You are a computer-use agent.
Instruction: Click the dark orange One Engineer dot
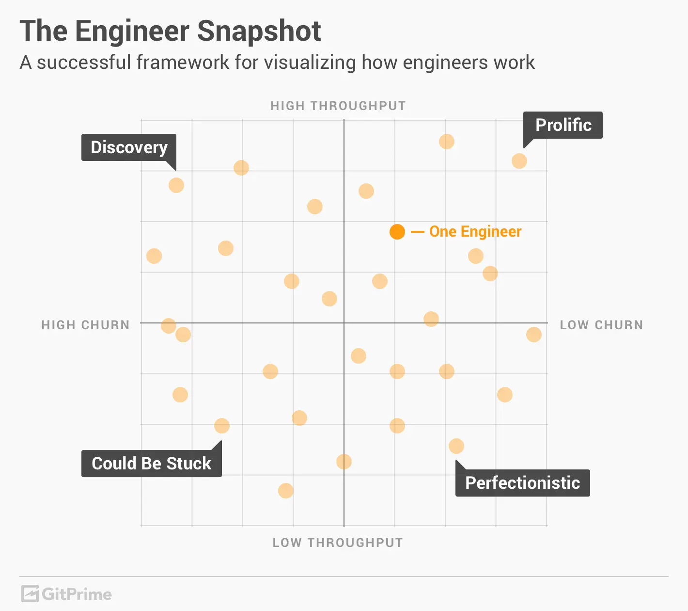pyautogui.click(x=397, y=232)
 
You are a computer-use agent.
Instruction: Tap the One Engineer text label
pyautogui.click(x=475, y=232)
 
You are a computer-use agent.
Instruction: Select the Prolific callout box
pyautogui.click(x=563, y=125)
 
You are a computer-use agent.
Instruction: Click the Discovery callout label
pyautogui.click(x=129, y=147)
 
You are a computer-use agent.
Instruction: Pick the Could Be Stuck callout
pyautogui.click(x=151, y=464)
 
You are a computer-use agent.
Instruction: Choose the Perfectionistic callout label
pyautogui.click(x=522, y=483)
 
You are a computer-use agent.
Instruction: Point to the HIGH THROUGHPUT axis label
pyautogui.click(x=338, y=106)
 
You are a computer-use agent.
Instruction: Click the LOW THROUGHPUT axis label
pyautogui.click(x=338, y=543)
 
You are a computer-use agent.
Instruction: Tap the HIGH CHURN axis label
pyautogui.click(x=85, y=325)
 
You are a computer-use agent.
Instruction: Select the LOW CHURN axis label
pyautogui.click(x=601, y=325)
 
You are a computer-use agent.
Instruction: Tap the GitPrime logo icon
pyautogui.click(x=30, y=594)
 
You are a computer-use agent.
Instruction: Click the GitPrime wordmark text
pyautogui.click(x=77, y=594)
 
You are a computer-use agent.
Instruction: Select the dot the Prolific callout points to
pyautogui.click(x=519, y=161)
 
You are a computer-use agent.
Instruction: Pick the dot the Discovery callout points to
pyautogui.click(x=176, y=185)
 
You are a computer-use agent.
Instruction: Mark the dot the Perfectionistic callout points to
pyautogui.click(x=456, y=446)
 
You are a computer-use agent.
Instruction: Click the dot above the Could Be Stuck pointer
pyautogui.click(x=222, y=426)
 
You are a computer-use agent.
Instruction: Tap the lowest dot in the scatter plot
pyautogui.click(x=286, y=491)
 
